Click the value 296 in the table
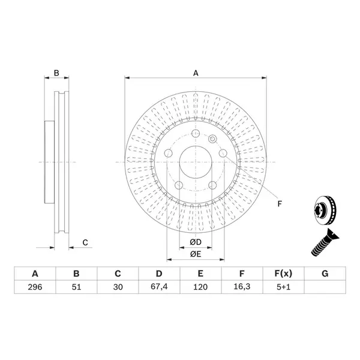[x=35, y=287]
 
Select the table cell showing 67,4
[x=159, y=287]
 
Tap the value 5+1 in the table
[x=284, y=287]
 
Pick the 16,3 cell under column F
[x=242, y=287]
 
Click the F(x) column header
[x=284, y=274]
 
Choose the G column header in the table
[x=325, y=274]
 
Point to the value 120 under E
[x=200, y=287]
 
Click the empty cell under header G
[x=325, y=287]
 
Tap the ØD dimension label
[x=196, y=242]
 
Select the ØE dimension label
[x=196, y=254]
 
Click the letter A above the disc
[x=196, y=73]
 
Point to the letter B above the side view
[x=56, y=73]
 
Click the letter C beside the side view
[x=85, y=242]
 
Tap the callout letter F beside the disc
[x=280, y=203]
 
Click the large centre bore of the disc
[x=196, y=162]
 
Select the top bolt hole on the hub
[x=196, y=133]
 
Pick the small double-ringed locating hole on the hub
[x=212, y=139]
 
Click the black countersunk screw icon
[x=325, y=242]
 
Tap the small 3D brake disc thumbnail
[x=325, y=210]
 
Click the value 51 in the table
[x=76, y=287]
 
